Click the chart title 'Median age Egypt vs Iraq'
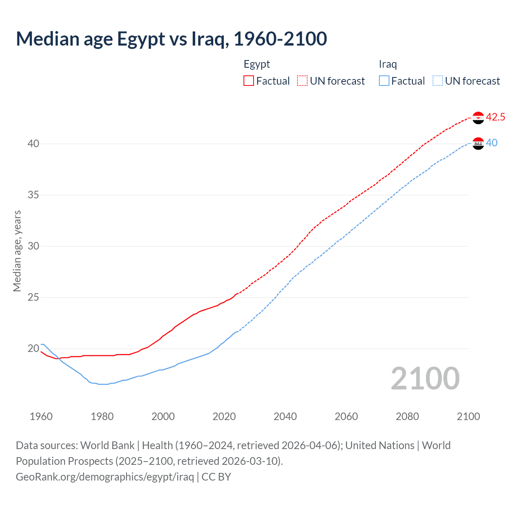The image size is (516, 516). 171,39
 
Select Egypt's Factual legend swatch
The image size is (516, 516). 249,81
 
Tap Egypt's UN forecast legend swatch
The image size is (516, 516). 302,81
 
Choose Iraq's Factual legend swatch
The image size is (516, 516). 384,81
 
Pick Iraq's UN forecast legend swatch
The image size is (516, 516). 437,81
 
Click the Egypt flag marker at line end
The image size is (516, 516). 478,118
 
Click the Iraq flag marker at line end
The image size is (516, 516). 478,144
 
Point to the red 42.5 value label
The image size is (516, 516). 495,117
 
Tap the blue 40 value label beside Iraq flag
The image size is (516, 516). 492,143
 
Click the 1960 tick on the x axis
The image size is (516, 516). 41,416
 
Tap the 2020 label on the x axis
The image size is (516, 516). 224,416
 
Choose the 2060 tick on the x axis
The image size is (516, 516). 346,416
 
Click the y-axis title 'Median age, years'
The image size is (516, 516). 17,251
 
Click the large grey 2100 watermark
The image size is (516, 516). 425,379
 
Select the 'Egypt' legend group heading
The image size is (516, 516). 257,64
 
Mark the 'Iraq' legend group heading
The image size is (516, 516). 388,64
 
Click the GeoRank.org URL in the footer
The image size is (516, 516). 105,477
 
